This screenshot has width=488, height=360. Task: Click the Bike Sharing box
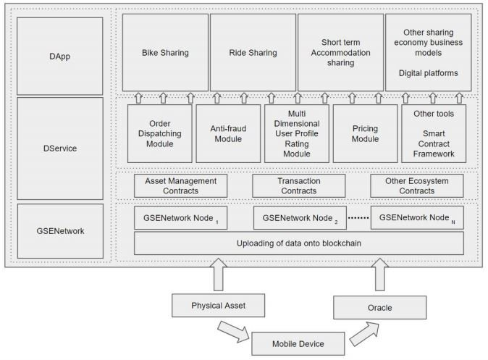click(165, 52)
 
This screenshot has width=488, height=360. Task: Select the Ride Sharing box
click(253, 52)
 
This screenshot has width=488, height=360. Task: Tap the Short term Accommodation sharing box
click(341, 52)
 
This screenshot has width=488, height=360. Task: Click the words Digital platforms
click(428, 73)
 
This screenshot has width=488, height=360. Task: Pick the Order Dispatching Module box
click(160, 133)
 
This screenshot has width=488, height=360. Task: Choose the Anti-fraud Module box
click(228, 133)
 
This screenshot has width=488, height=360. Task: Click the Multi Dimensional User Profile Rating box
click(297, 133)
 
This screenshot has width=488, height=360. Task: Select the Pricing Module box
click(366, 133)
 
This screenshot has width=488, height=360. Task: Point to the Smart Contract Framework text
click(434, 143)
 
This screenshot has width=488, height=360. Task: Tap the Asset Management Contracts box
click(180, 186)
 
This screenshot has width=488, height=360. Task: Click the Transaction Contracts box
click(299, 186)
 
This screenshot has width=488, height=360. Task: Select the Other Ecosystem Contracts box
click(417, 186)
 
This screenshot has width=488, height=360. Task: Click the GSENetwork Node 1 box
click(180, 218)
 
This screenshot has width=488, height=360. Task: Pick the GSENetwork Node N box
click(417, 218)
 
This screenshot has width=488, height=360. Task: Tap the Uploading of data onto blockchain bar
click(299, 243)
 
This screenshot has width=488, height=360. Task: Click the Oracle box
click(379, 308)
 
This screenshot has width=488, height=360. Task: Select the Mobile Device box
click(298, 344)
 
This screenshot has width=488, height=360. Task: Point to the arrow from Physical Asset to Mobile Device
click(233, 332)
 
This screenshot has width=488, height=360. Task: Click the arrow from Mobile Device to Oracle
click(364, 334)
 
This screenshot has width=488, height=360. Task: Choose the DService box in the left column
click(60, 148)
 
